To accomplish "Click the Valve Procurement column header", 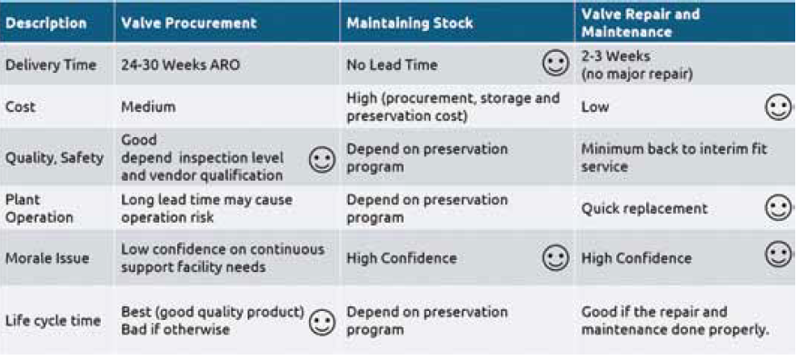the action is point(189,24).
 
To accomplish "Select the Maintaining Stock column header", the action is point(410,24).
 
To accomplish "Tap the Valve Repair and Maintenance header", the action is point(641,23).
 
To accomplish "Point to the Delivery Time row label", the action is point(51,65).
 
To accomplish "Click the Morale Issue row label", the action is point(46,258).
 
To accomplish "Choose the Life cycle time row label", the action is point(54,321).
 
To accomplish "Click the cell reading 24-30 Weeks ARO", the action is point(181,65).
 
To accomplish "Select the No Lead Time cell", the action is point(392,65).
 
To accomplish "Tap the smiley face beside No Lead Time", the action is point(555,63).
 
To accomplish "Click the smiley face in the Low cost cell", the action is point(778,107).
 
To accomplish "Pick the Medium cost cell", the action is point(148,107).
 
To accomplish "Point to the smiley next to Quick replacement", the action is point(778,208).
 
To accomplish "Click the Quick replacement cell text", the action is point(644,208).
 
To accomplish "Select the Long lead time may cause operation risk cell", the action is point(206,208).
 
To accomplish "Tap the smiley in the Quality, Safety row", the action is point(323,160).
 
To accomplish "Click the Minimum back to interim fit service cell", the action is point(674,158).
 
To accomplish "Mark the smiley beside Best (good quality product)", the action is point(323,323).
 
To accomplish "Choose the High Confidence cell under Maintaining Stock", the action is point(402,258).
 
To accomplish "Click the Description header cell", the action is point(46,24).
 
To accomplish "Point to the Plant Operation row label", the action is point(40,208).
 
